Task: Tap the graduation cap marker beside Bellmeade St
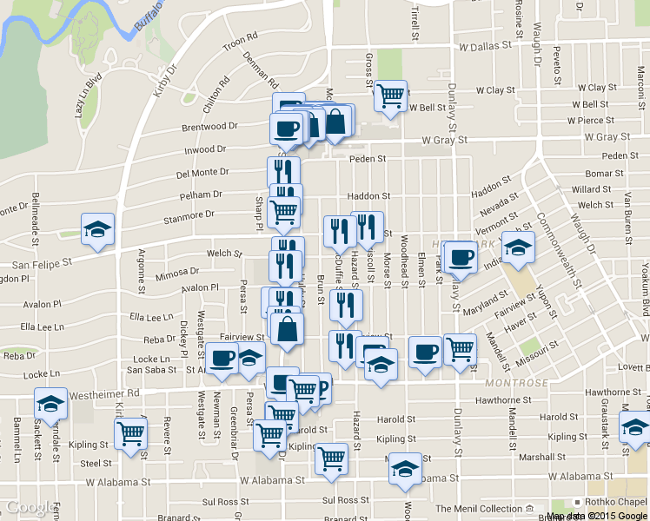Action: (x=96, y=229)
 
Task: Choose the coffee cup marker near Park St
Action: (x=461, y=257)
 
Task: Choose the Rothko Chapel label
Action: (x=618, y=502)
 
